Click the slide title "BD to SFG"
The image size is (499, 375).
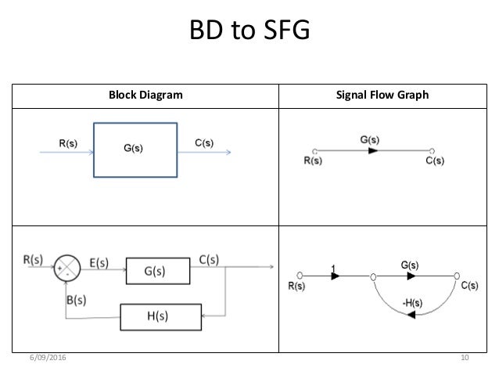click(x=249, y=30)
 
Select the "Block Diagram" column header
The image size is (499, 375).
click(x=145, y=95)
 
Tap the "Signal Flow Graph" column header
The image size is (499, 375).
click(x=382, y=95)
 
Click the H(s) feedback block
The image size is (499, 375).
click(x=160, y=317)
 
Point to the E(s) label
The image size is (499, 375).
click(x=99, y=263)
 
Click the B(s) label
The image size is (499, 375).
click(x=77, y=300)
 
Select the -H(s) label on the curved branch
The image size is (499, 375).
click(x=412, y=303)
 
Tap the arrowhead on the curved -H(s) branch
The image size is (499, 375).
click(x=411, y=315)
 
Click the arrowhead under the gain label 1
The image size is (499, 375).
click(x=335, y=276)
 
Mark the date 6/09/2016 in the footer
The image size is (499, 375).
click(x=48, y=358)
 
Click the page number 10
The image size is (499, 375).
click(x=465, y=358)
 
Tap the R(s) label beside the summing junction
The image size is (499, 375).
click(x=33, y=259)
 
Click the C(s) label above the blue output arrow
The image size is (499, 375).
click(x=204, y=142)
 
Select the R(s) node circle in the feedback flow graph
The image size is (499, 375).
click(x=300, y=276)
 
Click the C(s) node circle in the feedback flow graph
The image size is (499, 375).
click(x=457, y=276)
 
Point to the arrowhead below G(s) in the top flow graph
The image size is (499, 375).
click(x=373, y=150)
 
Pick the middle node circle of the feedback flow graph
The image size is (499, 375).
click(x=373, y=277)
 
